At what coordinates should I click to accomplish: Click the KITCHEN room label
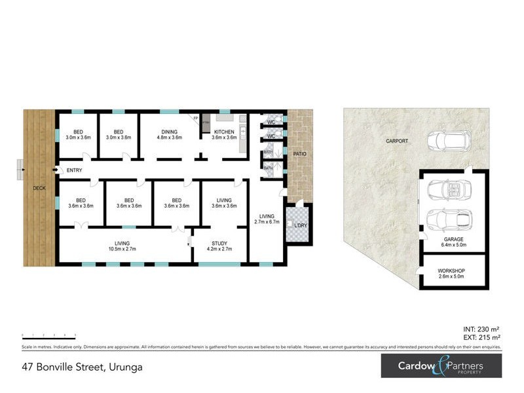coord(223,135)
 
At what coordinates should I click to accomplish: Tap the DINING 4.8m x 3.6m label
coord(169,135)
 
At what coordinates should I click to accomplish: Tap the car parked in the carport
coord(444,140)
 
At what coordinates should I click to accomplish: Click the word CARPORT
coord(397,141)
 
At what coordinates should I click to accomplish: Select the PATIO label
coord(299,154)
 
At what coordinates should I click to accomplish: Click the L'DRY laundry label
coord(301,226)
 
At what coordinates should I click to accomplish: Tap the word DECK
coord(40,189)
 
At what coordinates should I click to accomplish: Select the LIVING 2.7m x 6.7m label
coord(267,219)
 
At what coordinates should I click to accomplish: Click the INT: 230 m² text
coord(482,330)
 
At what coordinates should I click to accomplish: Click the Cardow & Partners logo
coord(441,366)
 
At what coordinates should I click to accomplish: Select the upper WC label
coord(271,122)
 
